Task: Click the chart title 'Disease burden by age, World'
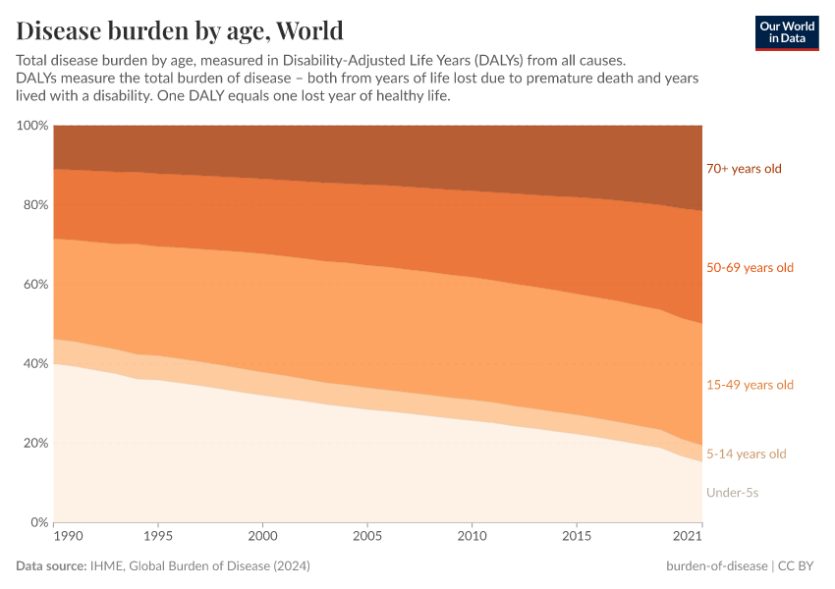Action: [180, 28]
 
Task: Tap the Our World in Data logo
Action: [786, 32]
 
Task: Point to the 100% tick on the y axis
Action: [32, 126]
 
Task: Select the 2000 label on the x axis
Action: [262, 537]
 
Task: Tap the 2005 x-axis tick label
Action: [367, 537]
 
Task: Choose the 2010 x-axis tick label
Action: [473, 537]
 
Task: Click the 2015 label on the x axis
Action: [578, 537]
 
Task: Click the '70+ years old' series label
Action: [744, 169]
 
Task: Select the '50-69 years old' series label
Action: [750, 268]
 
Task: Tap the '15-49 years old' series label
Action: [750, 385]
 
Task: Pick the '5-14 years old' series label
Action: [747, 454]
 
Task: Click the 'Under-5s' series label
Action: [732, 492]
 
